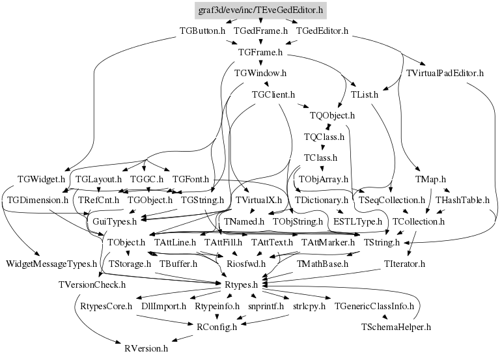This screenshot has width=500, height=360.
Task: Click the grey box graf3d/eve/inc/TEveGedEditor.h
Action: pyautogui.click(x=260, y=10)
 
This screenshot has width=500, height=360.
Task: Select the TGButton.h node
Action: pyautogui.click(x=202, y=31)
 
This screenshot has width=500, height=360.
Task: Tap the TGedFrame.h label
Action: pyautogui.click(x=261, y=31)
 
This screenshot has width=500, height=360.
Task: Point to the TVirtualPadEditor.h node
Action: pyautogui.click(x=445, y=73)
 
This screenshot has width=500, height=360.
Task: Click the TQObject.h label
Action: pyautogui.click(x=332, y=116)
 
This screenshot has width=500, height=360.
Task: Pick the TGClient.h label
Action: pyautogui.click(x=273, y=94)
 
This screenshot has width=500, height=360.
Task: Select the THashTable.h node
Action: pyautogui.click(x=462, y=200)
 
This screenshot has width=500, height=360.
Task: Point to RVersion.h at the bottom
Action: pyautogui.click(x=146, y=348)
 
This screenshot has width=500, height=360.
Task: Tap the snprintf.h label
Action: pyautogui.click(x=266, y=305)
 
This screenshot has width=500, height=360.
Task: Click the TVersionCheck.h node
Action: pyautogui.click(x=91, y=284)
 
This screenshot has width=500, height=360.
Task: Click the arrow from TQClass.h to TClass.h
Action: pyautogui.click(x=323, y=148)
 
